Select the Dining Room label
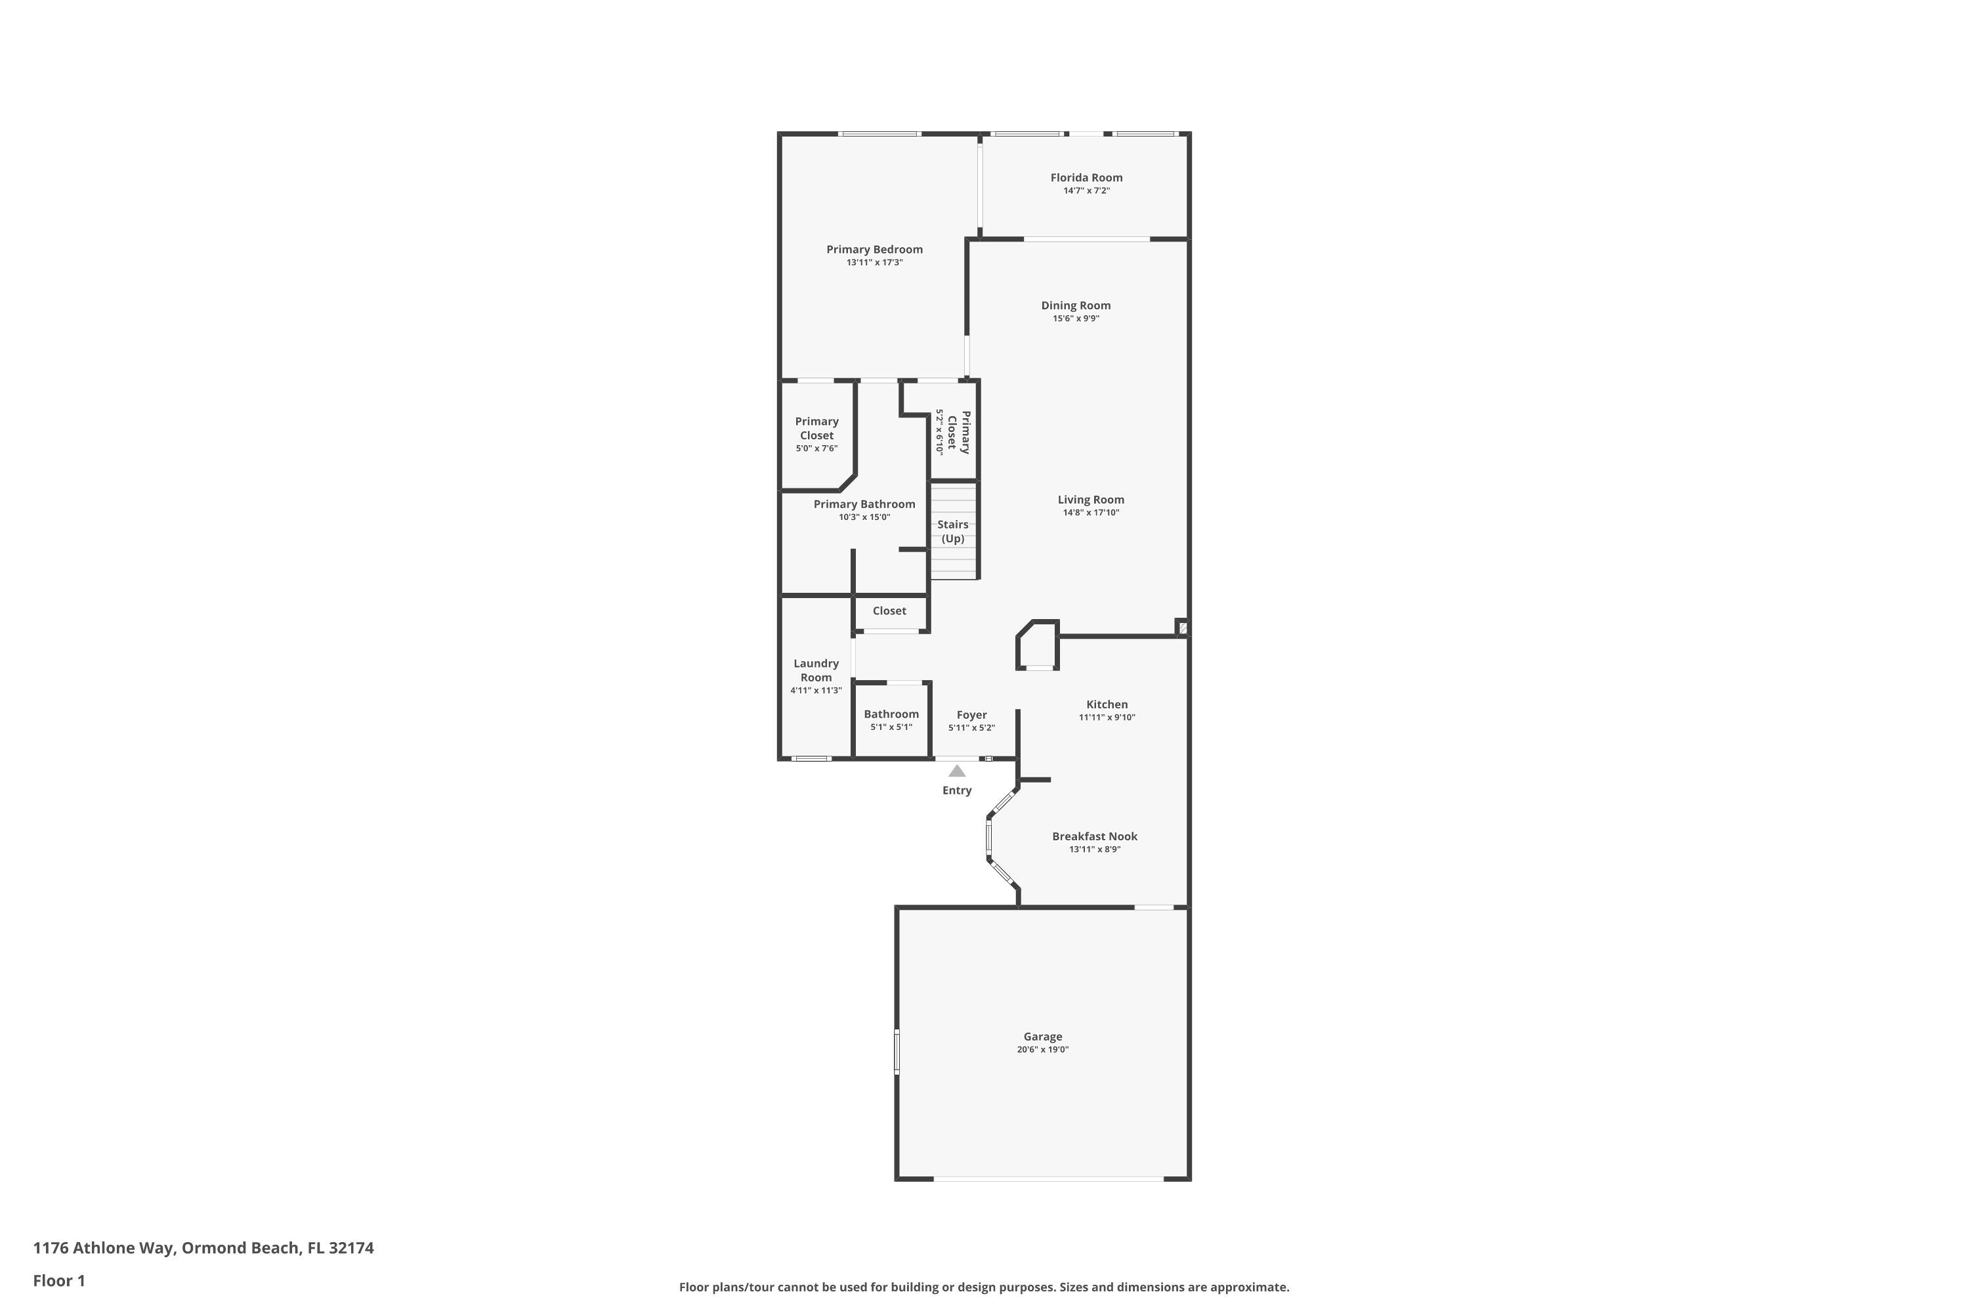pyautogui.click(x=1075, y=306)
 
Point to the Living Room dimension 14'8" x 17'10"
pyautogui.click(x=1090, y=513)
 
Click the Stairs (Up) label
pyautogui.click(x=953, y=532)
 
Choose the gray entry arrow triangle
pyautogui.click(x=956, y=771)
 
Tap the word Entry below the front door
pyautogui.click(x=956, y=790)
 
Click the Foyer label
pyautogui.click(x=971, y=715)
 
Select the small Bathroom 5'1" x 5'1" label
pyautogui.click(x=891, y=720)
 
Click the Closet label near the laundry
pyautogui.click(x=889, y=611)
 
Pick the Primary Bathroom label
pyautogui.click(x=864, y=504)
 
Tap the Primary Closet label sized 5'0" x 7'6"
pyautogui.click(x=816, y=429)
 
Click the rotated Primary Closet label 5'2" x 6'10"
pyautogui.click(x=953, y=432)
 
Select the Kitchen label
pyautogui.click(x=1107, y=705)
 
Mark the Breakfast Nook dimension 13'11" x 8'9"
pyautogui.click(x=1094, y=849)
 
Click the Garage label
pyautogui.click(x=1042, y=1037)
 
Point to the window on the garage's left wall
pyautogui.click(x=897, y=1052)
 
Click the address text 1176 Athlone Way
pyautogui.click(x=203, y=1248)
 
